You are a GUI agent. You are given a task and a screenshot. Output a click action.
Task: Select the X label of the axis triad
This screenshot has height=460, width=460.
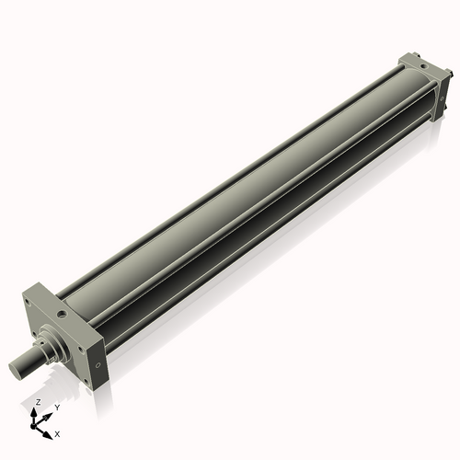click(x=58, y=432)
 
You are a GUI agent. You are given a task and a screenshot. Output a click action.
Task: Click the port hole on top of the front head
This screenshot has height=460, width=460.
click(x=62, y=313)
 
